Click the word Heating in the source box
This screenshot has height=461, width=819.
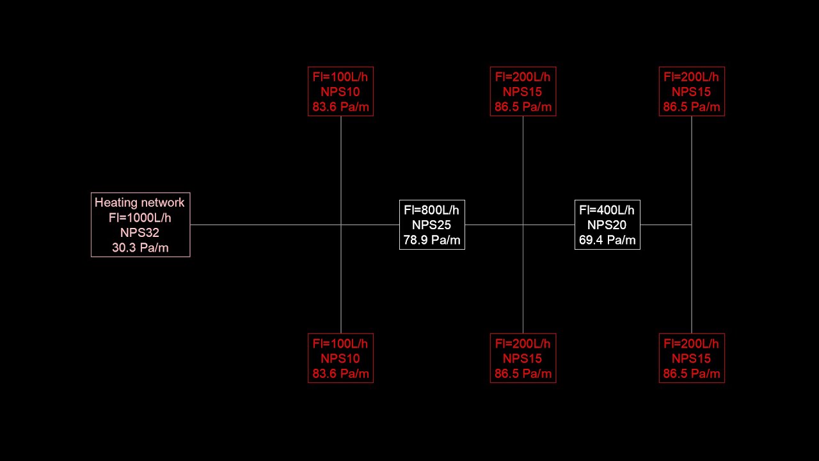click(116, 203)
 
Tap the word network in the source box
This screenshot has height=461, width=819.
click(163, 202)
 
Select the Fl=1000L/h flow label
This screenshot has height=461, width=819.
click(139, 218)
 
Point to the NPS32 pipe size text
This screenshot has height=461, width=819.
click(139, 232)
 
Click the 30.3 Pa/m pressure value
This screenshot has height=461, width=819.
click(140, 248)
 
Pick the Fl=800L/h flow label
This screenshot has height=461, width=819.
click(431, 210)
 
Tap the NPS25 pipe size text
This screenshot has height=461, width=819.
click(431, 225)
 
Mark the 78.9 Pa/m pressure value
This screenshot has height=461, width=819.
click(432, 240)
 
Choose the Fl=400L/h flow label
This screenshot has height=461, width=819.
click(607, 210)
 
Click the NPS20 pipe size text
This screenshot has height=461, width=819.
click(607, 225)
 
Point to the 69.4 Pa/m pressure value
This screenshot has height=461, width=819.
click(607, 240)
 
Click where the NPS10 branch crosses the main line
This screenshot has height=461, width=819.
click(341, 225)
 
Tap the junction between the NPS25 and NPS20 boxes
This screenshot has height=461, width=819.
click(523, 225)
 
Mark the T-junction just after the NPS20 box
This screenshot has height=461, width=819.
click(692, 225)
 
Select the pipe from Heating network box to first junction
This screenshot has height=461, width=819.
click(266, 225)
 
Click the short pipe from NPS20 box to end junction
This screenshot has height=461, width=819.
click(666, 225)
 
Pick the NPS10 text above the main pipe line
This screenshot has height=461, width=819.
click(340, 92)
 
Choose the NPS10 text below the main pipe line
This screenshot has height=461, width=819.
click(340, 359)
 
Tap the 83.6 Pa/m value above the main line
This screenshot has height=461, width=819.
click(340, 107)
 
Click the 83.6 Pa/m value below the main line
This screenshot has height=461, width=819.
click(340, 373)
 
